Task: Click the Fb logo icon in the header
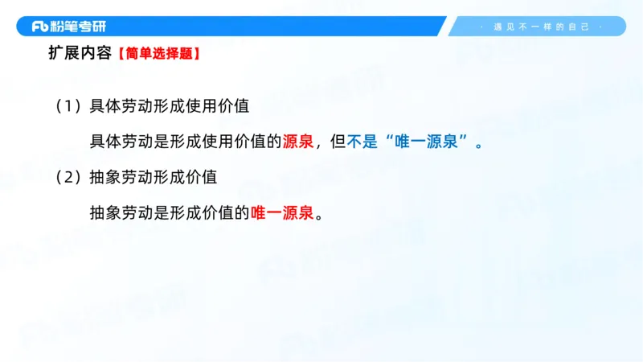(x=39, y=27)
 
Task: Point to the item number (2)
(x=68, y=176)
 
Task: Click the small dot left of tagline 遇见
(x=481, y=27)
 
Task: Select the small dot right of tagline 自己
(x=601, y=27)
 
